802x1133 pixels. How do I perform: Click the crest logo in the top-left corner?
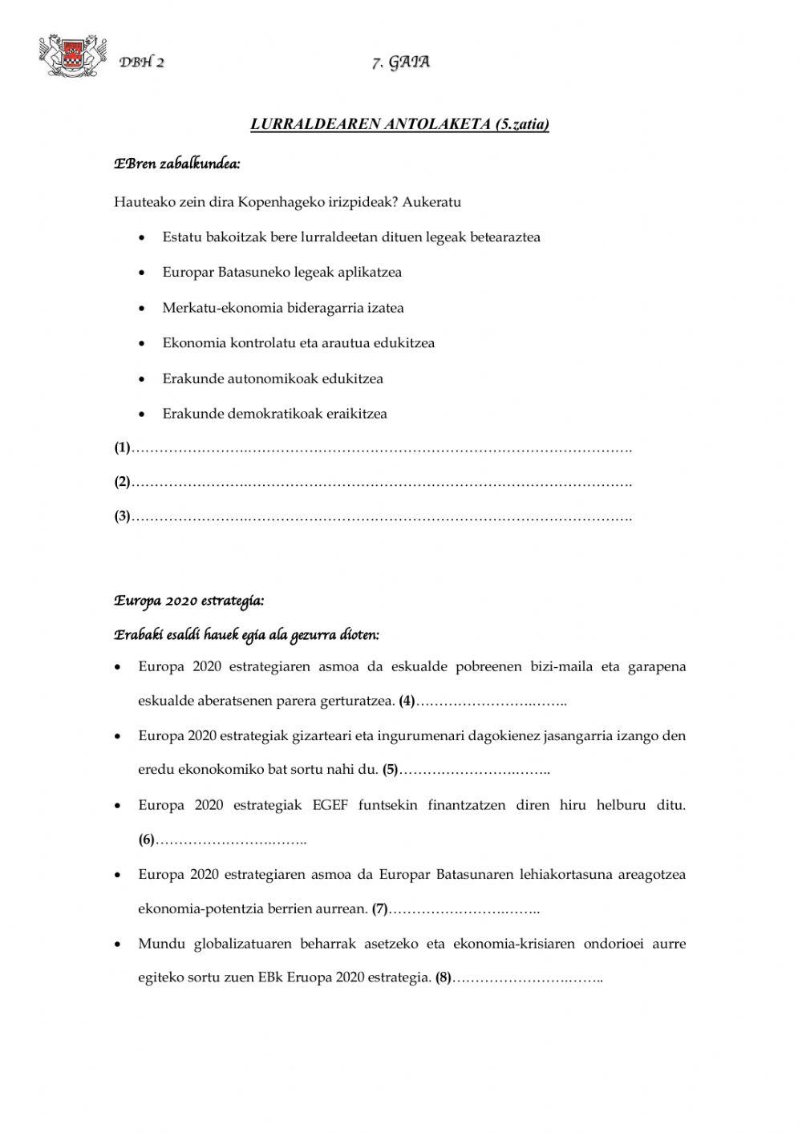pyautogui.click(x=72, y=56)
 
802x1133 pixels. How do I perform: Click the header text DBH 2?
pyautogui.click(x=142, y=63)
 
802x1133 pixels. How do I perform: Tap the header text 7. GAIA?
pyautogui.click(x=401, y=63)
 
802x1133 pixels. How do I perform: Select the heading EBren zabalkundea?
pyautogui.click(x=177, y=164)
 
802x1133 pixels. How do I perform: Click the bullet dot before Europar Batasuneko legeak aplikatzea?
pyautogui.click(x=142, y=273)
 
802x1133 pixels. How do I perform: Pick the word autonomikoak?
pyautogui.click(x=273, y=378)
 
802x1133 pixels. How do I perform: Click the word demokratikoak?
pyautogui.click(x=280, y=414)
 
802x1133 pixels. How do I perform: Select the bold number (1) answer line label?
pyautogui.click(x=122, y=448)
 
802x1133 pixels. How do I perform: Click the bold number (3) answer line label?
pyautogui.click(x=122, y=517)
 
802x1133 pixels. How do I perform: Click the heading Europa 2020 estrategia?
pyautogui.click(x=188, y=601)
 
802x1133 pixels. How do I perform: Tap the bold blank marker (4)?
pyautogui.click(x=407, y=702)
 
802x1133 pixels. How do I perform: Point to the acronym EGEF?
pyautogui.click(x=330, y=805)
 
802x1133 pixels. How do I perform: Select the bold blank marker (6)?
pyautogui.click(x=146, y=840)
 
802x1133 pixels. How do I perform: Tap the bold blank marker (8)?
pyautogui.click(x=444, y=978)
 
